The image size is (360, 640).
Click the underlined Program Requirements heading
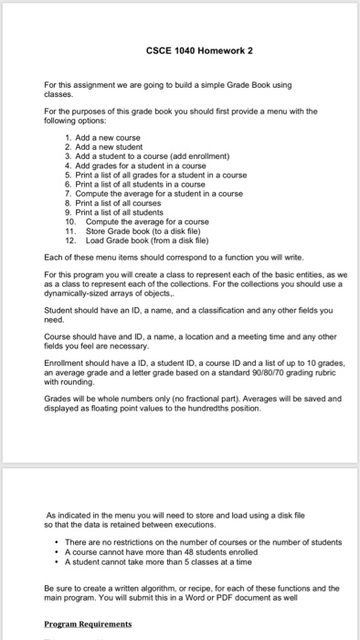(x=88, y=624)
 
